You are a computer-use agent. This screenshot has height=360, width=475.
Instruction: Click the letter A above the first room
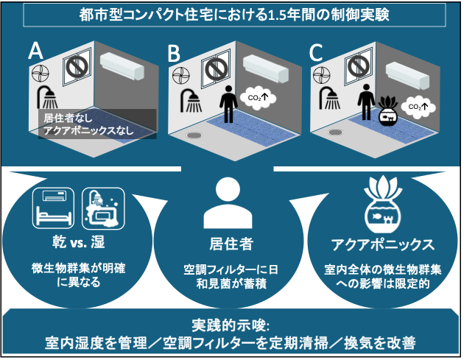35,51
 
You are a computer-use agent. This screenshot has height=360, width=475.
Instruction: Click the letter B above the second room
174,53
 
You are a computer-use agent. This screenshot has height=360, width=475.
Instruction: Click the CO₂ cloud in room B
256,99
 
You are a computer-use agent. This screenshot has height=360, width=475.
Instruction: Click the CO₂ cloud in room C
418,107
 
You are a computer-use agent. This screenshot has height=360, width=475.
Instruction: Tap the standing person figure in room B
228,104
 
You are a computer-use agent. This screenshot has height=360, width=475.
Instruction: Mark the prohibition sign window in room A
77,67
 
